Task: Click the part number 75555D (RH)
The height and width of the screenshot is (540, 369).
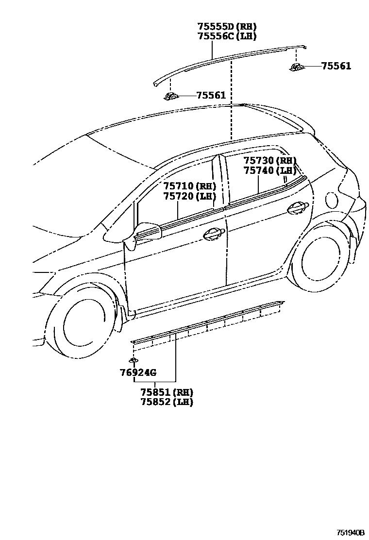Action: click(x=227, y=27)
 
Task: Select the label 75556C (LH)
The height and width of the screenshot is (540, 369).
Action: click(x=227, y=36)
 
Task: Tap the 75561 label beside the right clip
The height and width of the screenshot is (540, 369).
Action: click(x=336, y=66)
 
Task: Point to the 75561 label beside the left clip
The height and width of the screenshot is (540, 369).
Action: click(x=211, y=96)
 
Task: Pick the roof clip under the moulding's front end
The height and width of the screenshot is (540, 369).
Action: click(x=171, y=96)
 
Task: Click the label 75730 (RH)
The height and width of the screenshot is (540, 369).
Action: click(x=269, y=161)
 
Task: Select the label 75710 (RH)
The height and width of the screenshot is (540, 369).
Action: click(x=189, y=186)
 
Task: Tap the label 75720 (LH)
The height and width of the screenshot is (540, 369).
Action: click(x=189, y=196)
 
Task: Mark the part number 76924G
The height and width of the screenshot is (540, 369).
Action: click(x=138, y=372)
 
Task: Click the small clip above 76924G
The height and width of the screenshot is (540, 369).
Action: click(x=133, y=360)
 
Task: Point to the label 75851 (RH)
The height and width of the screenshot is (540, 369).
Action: click(x=167, y=392)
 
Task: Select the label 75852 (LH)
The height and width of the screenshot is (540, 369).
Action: click(x=167, y=402)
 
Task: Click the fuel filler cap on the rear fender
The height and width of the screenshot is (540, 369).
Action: click(x=332, y=199)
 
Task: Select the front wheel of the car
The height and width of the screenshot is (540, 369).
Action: click(x=81, y=321)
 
